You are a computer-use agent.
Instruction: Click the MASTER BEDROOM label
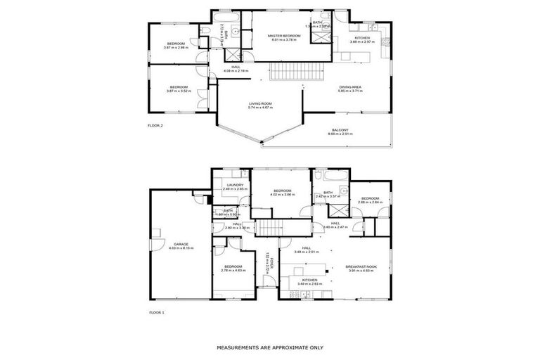(286, 36)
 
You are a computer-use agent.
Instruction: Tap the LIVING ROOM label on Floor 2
(259, 103)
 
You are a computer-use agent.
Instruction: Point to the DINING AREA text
(349, 86)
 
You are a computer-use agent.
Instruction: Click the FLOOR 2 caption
(155, 125)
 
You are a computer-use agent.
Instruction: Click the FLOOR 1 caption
(155, 311)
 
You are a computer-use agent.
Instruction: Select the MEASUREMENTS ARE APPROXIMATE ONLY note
(269, 347)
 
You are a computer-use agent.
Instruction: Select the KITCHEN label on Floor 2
(362, 38)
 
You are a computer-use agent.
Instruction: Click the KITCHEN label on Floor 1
(309, 280)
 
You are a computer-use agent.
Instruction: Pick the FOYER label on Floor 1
(267, 263)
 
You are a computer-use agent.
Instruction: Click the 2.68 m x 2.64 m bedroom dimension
(370, 202)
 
